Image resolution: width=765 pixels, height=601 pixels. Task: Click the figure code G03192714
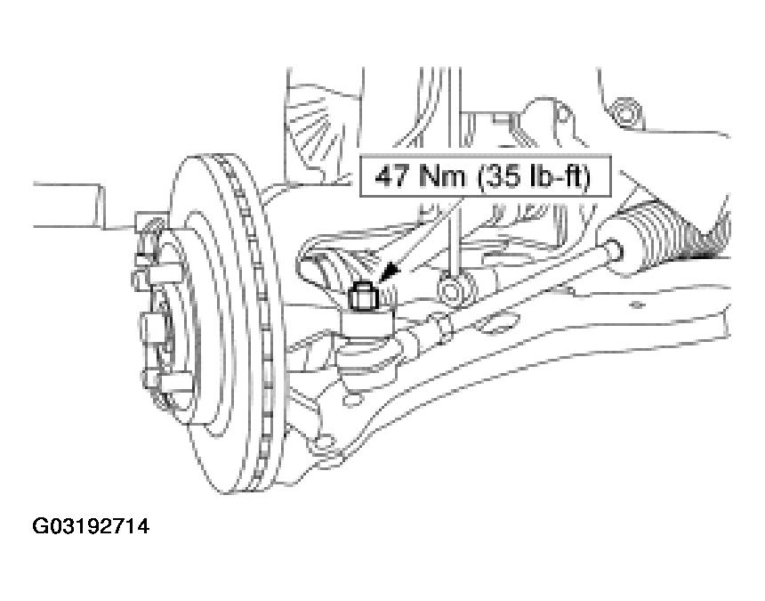[91, 526]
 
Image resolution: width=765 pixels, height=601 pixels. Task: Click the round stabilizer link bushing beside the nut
[456, 290]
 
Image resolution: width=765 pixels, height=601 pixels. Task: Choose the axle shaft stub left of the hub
[68, 205]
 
